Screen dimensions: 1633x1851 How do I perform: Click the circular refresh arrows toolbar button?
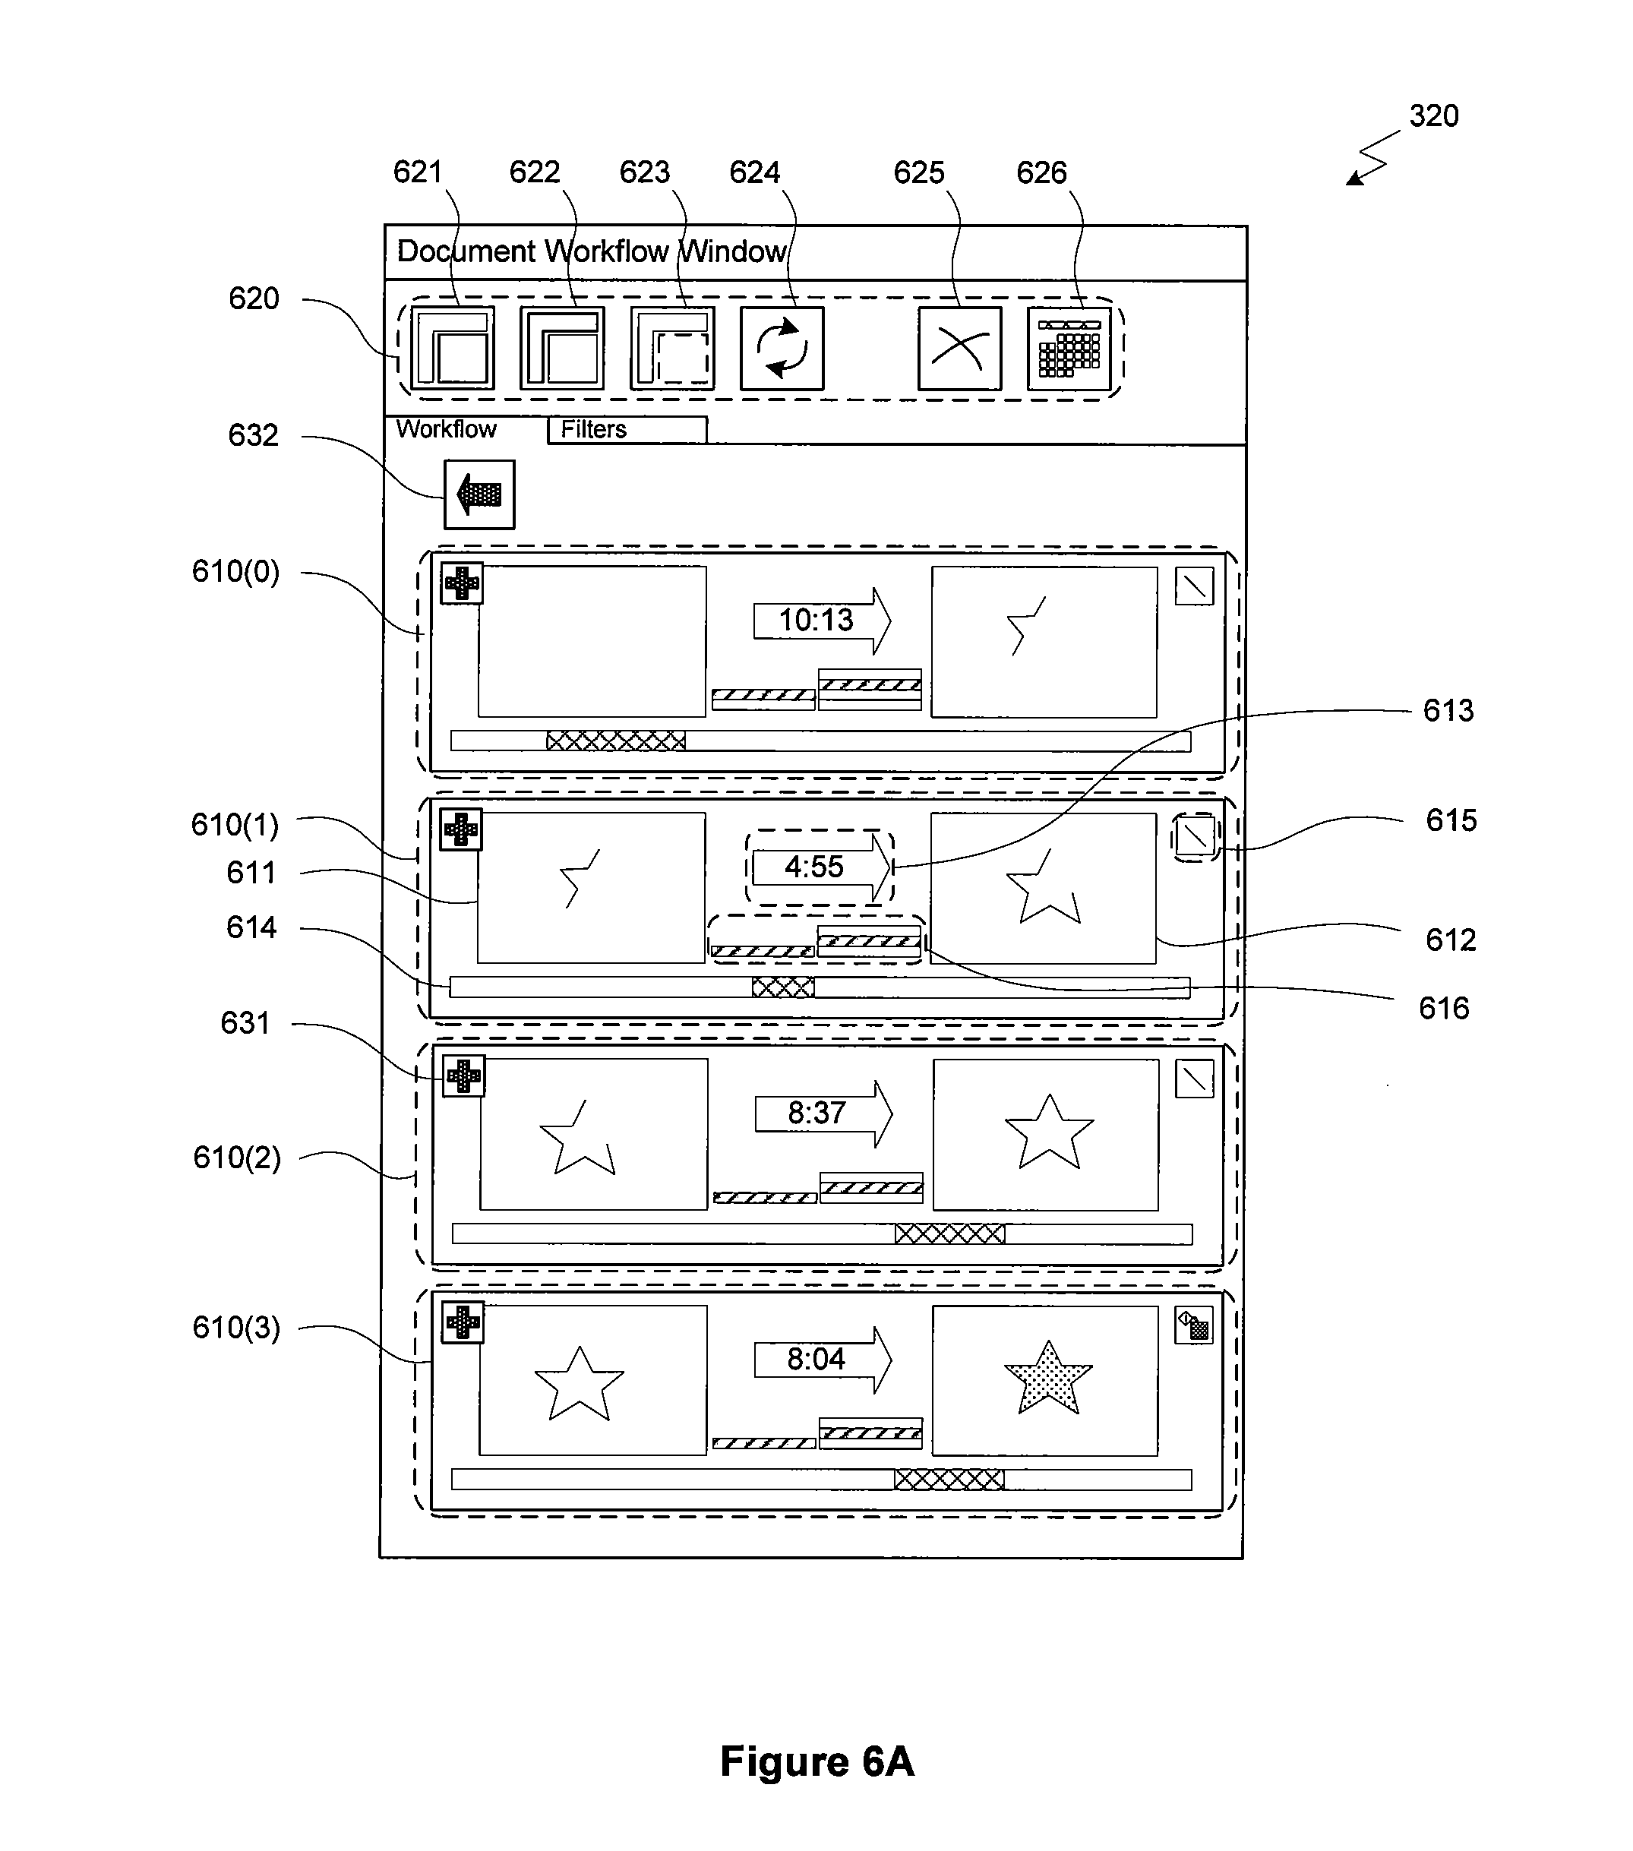pyautogui.click(x=782, y=349)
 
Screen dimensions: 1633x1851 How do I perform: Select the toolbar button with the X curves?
pyautogui.click(x=959, y=349)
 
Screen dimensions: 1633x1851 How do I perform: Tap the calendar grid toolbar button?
pyautogui.click(x=1069, y=349)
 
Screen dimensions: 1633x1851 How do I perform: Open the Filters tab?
pyautogui.click(x=627, y=429)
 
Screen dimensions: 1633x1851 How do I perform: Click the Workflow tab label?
pyautogui.click(x=447, y=429)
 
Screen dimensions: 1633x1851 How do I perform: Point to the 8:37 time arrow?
pyautogui.click(x=824, y=1113)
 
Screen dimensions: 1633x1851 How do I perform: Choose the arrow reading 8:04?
pyautogui.click(x=823, y=1360)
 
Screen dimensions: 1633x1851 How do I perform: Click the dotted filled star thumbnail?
pyautogui.click(x=1048, y=1379)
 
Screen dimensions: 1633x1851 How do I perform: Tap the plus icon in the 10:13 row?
pyautogui.click(x=462, y=583)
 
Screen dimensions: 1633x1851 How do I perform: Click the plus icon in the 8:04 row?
pyautogui.click(x=463, y=1323)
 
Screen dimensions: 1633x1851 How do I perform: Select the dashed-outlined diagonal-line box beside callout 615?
pyautogui.click(x=1195, y=837)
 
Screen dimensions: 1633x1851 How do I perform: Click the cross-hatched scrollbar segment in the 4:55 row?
pyautogui.click(x=782, y=987)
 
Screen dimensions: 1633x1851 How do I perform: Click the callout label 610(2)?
pyautogui.click(x=236, y=1158)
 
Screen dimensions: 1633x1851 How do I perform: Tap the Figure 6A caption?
pyautogui.click(x=817, y=1761)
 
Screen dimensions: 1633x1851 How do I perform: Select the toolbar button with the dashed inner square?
pyautogui.click(x=672, y=349)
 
